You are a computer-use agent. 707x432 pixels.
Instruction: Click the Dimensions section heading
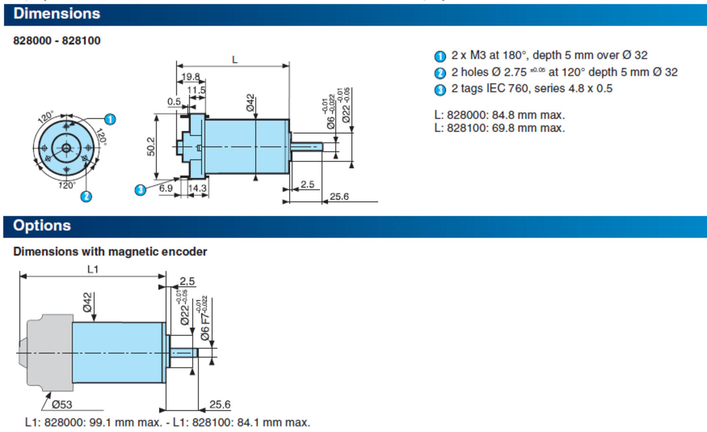(57, 14)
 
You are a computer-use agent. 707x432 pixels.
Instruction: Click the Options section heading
(42, 226)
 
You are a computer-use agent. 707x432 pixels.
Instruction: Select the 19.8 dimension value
(190, 76)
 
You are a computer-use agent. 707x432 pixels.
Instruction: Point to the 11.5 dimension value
(196, 90)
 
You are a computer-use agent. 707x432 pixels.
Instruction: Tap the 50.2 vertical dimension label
(151, 146)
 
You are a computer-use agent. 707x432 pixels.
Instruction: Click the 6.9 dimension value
(166, 188)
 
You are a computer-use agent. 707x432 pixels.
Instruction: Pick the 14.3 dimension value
(197, 188)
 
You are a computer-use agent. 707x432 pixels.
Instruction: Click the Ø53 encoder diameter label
(62, 405)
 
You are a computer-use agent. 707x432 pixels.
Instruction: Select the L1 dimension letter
(93, 269)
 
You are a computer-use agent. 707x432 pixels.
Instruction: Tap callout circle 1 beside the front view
(110, 119)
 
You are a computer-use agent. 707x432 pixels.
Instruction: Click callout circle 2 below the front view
(86, 196)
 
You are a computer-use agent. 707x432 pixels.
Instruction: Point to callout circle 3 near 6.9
(140, 190)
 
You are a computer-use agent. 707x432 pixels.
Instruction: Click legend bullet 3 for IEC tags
(440, 90)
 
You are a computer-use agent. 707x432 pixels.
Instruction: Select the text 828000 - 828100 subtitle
(57, 41)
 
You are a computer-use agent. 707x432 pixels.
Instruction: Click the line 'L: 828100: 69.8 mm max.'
(499, 128)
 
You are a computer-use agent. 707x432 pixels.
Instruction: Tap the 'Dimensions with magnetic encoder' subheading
(110, 252)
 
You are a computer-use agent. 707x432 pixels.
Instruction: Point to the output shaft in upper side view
(306, 147)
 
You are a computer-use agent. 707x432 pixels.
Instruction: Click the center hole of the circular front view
(66, 148)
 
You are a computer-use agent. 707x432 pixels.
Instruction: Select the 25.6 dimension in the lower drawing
(220, 405)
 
